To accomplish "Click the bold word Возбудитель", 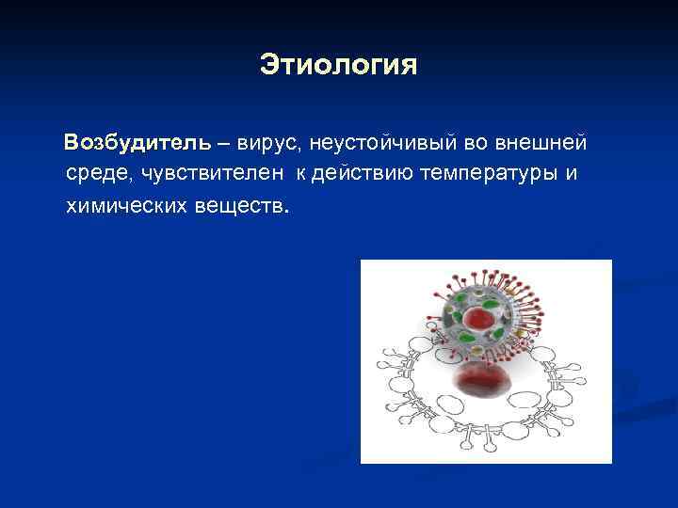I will click(137, 144).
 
